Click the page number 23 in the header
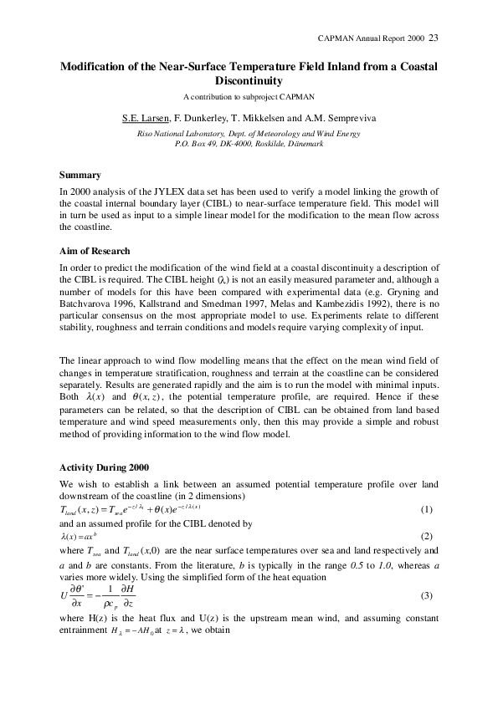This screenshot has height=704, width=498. pyautogui.click(x=433, y=38)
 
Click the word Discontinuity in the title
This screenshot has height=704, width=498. pyautogui.click(x=249, y=81)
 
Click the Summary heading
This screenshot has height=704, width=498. pyautogui.click(x=80, y=175)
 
